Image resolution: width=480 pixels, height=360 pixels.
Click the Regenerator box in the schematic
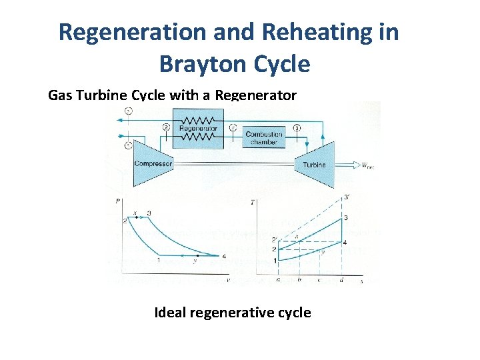pos(197,129)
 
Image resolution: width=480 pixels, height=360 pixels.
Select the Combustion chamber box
pos(264,138)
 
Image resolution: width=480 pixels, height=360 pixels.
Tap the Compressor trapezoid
pos(153,163)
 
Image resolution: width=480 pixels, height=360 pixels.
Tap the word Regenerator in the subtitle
pos(256,95)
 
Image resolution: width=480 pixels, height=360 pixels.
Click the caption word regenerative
pos(236,312)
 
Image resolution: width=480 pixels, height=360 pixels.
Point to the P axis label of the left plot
pos(117,200)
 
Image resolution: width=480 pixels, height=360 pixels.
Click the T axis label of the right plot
pos(253,202)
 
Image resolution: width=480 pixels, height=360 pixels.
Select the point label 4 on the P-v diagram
pos(224,255)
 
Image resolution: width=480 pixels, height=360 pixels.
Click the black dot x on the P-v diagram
pos(136,217)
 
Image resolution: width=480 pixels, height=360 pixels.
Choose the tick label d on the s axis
pos(341,281)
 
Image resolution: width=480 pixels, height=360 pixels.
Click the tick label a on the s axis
pos(277,281)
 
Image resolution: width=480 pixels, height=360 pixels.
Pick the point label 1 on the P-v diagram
pos(157,260)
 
